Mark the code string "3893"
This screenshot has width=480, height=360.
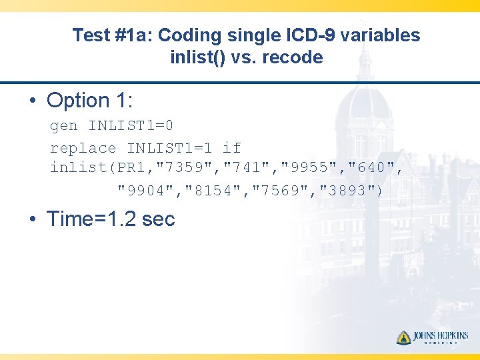pos(349,191)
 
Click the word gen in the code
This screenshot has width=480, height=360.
pos(64,126)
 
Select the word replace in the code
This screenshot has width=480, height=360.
pos(83,148)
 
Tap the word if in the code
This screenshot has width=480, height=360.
pos(231,148)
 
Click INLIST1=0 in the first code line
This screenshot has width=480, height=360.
pos(131,125)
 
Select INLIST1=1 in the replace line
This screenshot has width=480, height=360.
pos(169,148)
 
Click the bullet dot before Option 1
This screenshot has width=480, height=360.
pos(32,101)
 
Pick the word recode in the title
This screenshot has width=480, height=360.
pos(292,57)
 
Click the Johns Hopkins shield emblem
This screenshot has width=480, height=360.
pos(403,337)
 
